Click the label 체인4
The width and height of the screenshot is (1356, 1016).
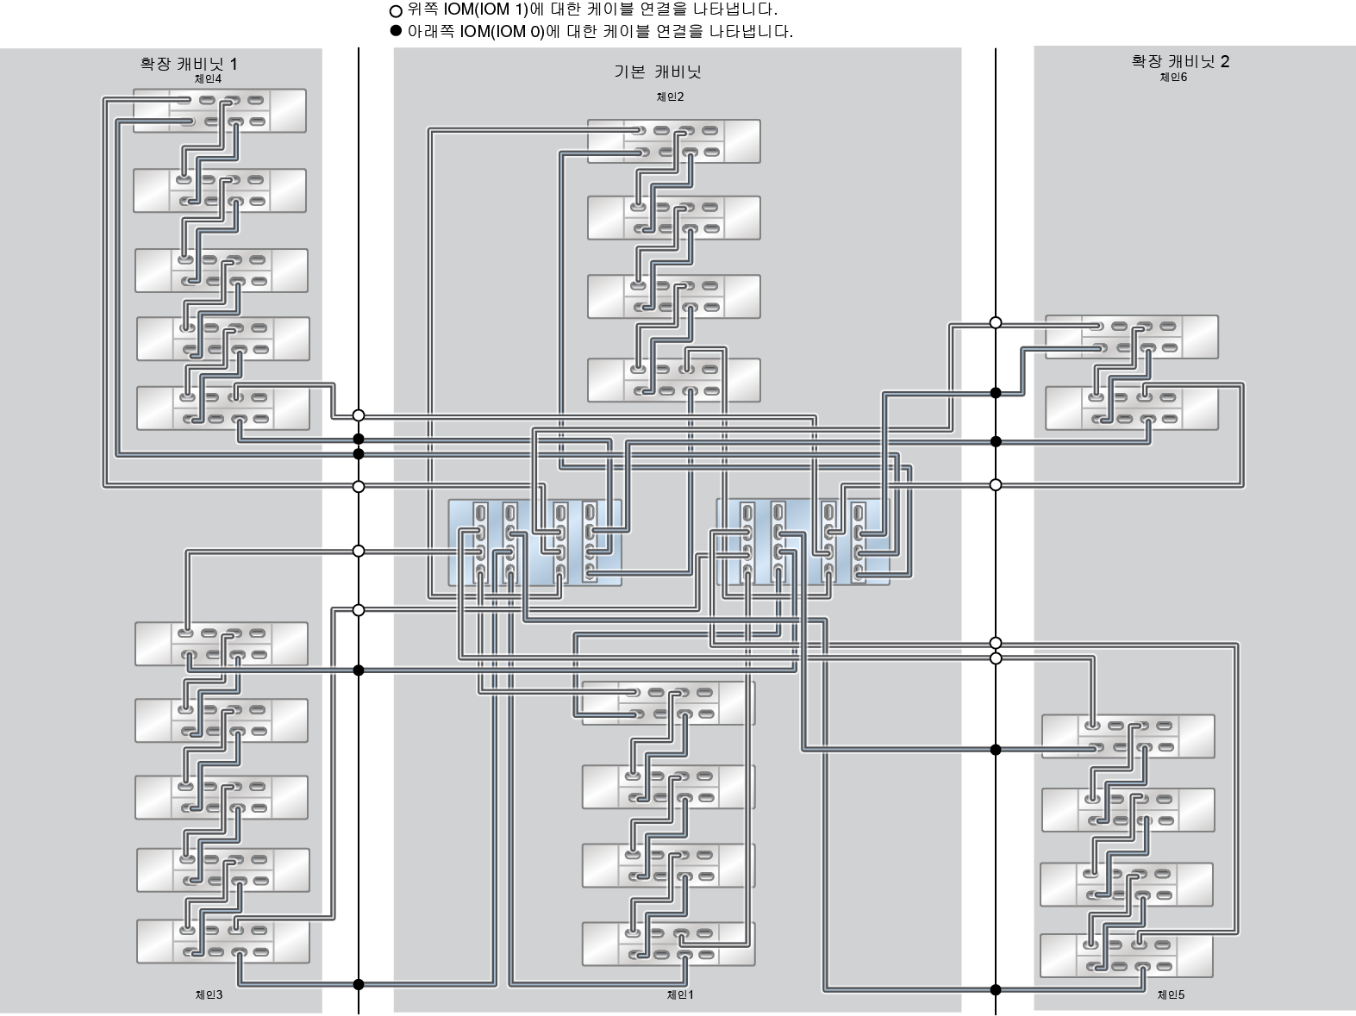tap(208, 78)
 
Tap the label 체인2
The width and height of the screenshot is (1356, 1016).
tap(670, 97)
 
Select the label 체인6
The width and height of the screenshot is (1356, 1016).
tap(1173, 77)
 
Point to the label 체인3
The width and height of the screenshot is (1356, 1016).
tap(209, 994)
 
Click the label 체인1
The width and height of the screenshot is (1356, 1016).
tap(680, 994)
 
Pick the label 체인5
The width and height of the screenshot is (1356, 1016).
tap(1171, 994)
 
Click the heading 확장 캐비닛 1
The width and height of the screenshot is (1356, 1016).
tap(189, 63)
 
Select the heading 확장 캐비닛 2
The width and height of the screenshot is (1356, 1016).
tap(1180, 61)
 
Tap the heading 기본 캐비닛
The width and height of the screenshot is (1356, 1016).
tap(658, 72)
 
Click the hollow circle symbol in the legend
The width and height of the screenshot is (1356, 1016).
tap(396, 11)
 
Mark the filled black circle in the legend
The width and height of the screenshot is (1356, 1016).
tap(396, 31)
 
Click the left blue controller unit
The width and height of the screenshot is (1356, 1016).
tap(534, 543)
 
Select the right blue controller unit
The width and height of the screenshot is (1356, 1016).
tap(803, 543)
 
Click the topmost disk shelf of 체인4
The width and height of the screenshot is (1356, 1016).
tap(220, 110)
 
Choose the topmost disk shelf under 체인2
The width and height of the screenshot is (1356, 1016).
tap(673, 141)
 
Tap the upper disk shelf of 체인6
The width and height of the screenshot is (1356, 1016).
tap(1131, 337)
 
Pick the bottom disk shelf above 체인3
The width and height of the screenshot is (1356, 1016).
tap(222, 941)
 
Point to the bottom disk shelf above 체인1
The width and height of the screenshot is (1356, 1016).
tap(668, 944)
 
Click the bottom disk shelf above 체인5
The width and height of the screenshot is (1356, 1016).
tap(1126, 956)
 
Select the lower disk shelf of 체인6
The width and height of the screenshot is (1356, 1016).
tap(1131, 408)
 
